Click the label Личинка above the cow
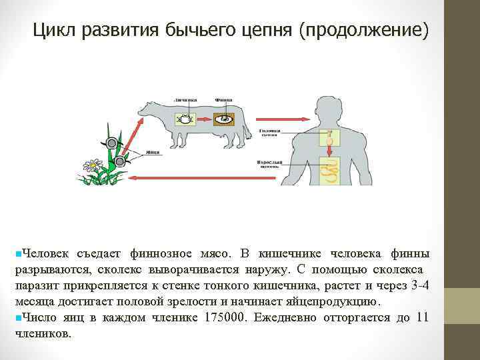(184, 99)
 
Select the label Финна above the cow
(223, 99)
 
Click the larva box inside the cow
(183, 119)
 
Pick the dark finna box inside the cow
(225, 120)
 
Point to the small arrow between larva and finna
(203, 120)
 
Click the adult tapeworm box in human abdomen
(329, 170)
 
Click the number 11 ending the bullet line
(421, 317)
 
